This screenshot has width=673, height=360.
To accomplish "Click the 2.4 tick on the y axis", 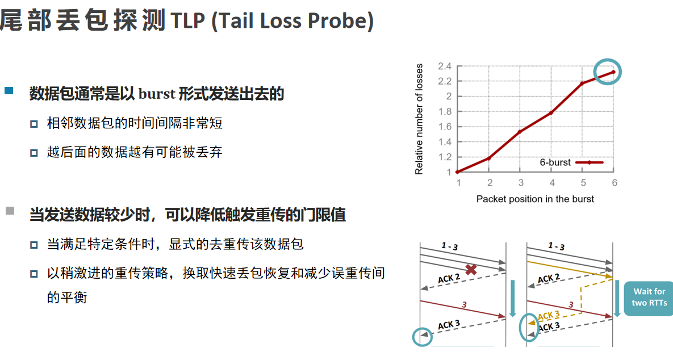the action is click(445, 66).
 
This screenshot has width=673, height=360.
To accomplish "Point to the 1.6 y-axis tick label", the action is click(445, 127).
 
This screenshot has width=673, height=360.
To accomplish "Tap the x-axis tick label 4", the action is click(552, 183).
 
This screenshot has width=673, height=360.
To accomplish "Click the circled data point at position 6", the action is click(613, 72).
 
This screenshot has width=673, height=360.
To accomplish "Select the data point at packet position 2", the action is click(489, 158).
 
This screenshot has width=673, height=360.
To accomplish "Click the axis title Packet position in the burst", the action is click(535, 199).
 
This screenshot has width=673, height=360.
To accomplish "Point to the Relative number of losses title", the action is click(419, 119).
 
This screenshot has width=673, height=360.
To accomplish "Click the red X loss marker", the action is click(471, 270).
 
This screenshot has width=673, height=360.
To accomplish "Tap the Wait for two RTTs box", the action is click(648, 299).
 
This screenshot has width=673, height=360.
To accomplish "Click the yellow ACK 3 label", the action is click(549, 316).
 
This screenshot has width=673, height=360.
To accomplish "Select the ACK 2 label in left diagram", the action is click(449, 278).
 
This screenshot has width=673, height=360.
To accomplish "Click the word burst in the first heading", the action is click(157, 94).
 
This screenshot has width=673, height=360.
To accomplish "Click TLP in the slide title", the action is click(187, 20).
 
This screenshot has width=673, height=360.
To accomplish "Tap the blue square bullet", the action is click(9, 90).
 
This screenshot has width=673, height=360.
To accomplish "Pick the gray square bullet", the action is click(10, 211).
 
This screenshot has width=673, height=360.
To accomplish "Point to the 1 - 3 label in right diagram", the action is click(556, 246).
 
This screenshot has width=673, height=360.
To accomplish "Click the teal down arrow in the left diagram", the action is click(512, 299).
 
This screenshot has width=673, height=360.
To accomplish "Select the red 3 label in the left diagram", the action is click(464, 305).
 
